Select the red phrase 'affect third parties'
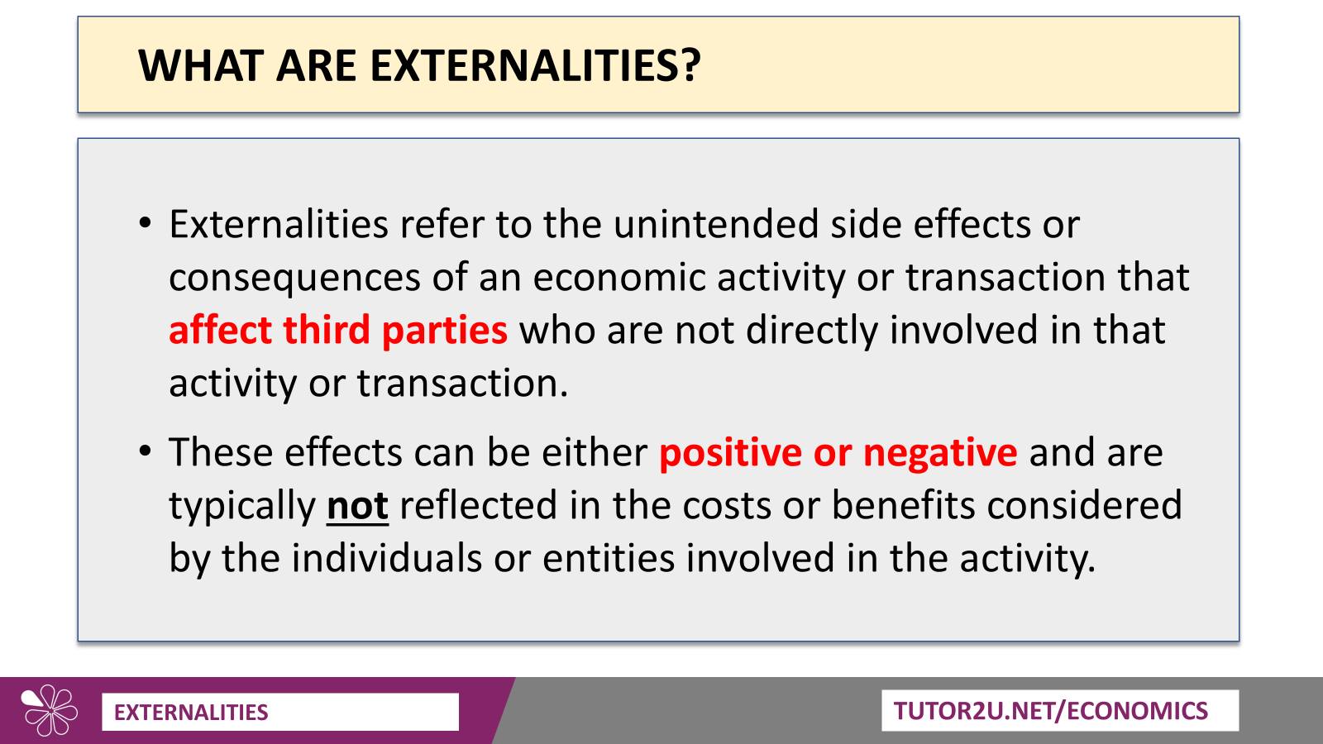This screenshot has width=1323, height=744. [338, 330]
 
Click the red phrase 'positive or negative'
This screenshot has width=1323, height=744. [838, 452]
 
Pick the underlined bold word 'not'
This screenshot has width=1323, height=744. [357, 505]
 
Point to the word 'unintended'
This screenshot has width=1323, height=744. [716, 224]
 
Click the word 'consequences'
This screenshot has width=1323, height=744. [294, 278]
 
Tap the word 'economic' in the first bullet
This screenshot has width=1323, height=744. [619, 277]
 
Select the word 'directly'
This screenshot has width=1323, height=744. [812, 330]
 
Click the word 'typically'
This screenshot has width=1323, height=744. [243, 507]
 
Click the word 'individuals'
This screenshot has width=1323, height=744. [387, 558]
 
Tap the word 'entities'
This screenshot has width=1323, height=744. [609, 558]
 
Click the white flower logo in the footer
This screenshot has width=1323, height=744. [50, 711]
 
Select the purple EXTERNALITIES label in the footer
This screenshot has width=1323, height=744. [191, 712]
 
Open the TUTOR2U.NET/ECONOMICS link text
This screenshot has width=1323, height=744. [1051, 711]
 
